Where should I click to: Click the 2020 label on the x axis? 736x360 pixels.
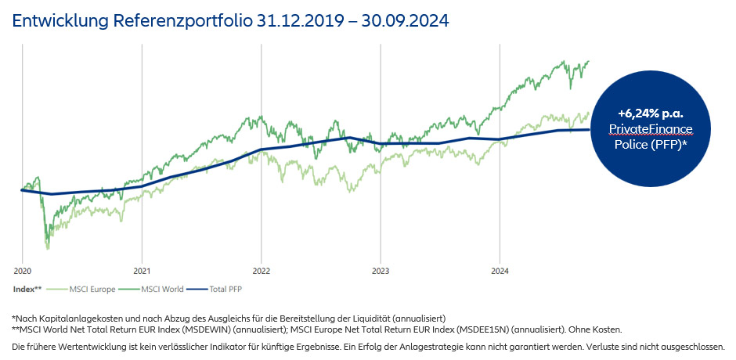[22, 272]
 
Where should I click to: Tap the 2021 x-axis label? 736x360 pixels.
[142, 272]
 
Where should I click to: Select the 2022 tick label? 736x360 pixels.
[261, 272]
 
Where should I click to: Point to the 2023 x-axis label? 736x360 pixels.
[380, 272]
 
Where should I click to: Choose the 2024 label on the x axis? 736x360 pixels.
[500, 272]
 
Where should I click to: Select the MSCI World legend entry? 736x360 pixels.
[158, 289]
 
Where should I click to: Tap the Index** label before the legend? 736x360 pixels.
[27, 289]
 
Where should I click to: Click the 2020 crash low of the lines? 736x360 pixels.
[48, 247]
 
